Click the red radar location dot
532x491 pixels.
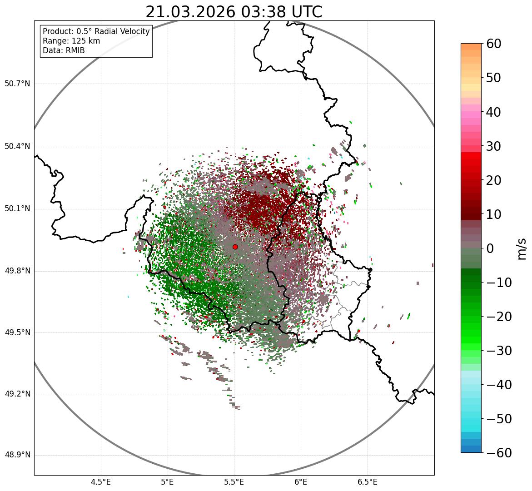point(235,247)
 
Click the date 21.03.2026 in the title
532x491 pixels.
point(190,12)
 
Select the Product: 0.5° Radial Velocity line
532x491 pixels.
point(96,31)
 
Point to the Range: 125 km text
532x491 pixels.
point(71,41)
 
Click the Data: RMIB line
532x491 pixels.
point(64,50)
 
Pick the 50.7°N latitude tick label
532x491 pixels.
point(17,84)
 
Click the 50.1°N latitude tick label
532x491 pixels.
point(17,209)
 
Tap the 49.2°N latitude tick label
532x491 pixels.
point(17,394)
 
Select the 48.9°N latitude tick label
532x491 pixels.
point(17,455)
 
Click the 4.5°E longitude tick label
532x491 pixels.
point(101,482)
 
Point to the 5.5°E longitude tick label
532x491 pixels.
point(234,482)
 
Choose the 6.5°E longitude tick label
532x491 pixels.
point(367,482)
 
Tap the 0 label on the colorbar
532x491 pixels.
point(490,248)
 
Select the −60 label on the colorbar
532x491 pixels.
point(499,453)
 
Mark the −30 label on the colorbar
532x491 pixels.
point(499,351)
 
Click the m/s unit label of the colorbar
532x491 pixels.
point(522,248)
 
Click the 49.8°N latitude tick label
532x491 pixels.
point(17,271)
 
